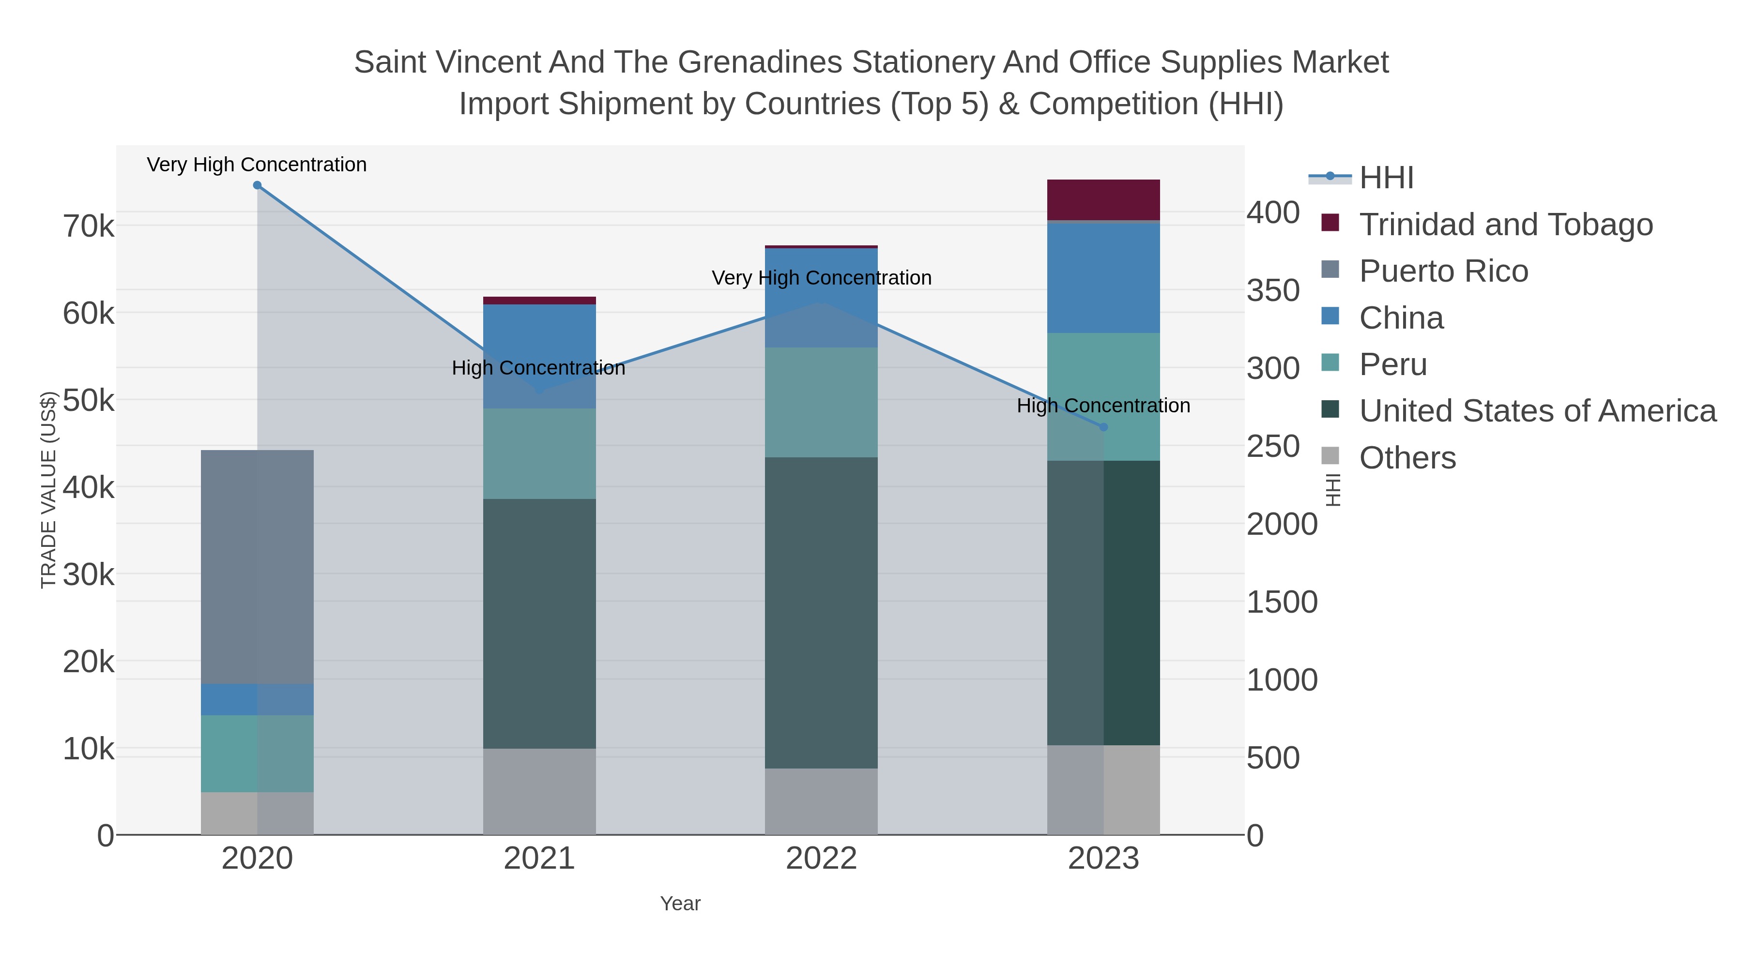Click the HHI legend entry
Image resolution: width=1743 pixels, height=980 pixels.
[1387, 178]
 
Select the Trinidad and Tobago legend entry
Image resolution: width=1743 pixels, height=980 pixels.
[1505, 225]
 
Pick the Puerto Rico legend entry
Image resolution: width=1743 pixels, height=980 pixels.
[1443, 271]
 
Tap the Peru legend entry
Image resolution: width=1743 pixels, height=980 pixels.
[1392, 364]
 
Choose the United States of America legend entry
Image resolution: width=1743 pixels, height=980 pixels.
[1537, 411]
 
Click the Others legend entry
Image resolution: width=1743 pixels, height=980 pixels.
[1407, 458]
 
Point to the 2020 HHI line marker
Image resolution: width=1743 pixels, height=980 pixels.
[257, 185]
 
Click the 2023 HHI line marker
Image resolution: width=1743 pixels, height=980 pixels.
[1103, 427]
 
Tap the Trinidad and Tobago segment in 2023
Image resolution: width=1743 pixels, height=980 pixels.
[1103, 199]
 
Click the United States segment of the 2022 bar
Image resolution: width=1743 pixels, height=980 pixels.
[822, 612]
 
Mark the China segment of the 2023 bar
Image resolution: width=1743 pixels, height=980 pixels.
[1103, 277]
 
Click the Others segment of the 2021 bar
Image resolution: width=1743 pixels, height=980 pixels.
[539, 791]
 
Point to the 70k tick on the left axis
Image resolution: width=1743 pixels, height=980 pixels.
[89, 226]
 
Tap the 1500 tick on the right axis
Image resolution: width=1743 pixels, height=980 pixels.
[1282, 602]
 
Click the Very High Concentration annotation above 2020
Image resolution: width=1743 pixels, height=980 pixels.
[257, 165]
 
